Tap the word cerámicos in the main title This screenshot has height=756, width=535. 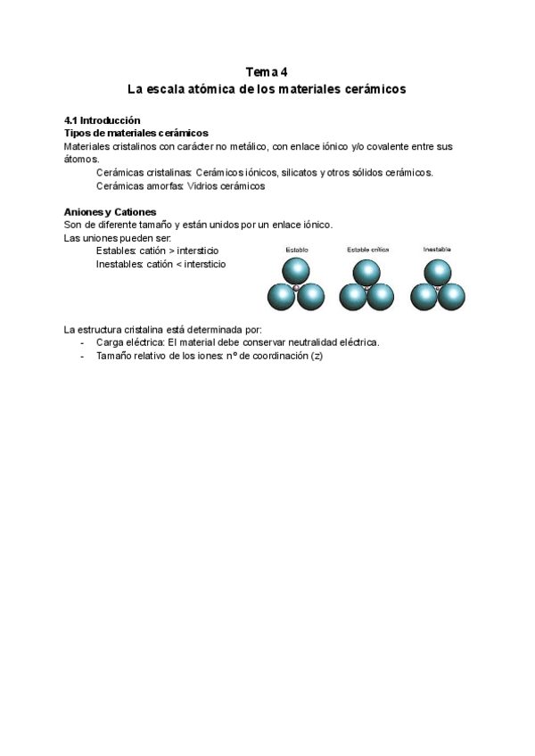click(378, 89)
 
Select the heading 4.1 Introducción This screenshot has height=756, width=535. click(103, 120)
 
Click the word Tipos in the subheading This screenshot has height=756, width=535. click(78, 133)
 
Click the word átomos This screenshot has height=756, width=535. click(80, 159)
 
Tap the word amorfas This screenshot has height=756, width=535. click(163, 185)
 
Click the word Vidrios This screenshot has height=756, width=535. click(204, 185)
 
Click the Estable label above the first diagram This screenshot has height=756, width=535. click(297, 250)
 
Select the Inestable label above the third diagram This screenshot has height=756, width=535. click(437, 250)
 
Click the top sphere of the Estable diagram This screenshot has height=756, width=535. click(296, 271)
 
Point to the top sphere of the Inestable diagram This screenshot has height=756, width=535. click(437, 271)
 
